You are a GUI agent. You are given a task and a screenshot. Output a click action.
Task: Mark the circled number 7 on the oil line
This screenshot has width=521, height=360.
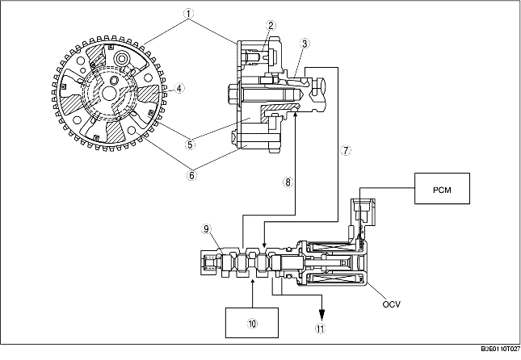click(346, 150)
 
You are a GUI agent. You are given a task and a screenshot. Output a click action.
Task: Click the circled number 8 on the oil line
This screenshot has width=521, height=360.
click(287, 182)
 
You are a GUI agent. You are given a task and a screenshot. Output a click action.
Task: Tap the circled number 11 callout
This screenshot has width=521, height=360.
click(322, 329)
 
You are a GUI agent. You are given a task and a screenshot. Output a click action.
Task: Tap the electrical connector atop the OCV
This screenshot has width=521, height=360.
click(361, 209)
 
